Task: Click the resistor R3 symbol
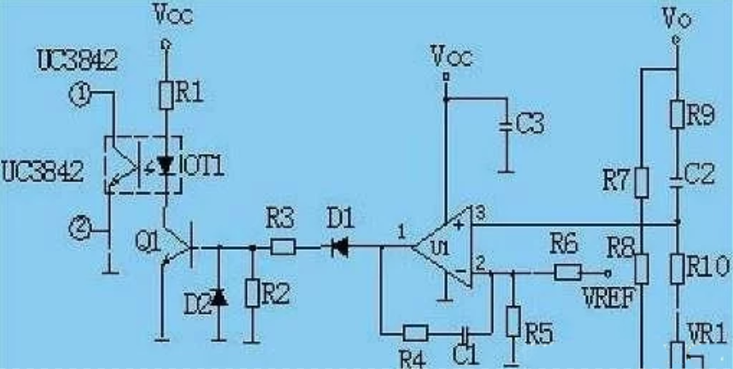283,248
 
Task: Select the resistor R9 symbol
677,114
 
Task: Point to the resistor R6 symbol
568,271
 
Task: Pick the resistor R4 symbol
415,333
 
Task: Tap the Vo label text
678,17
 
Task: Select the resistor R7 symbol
641,182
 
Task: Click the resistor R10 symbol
677,266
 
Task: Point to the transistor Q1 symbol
178,248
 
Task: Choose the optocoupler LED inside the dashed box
164,165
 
